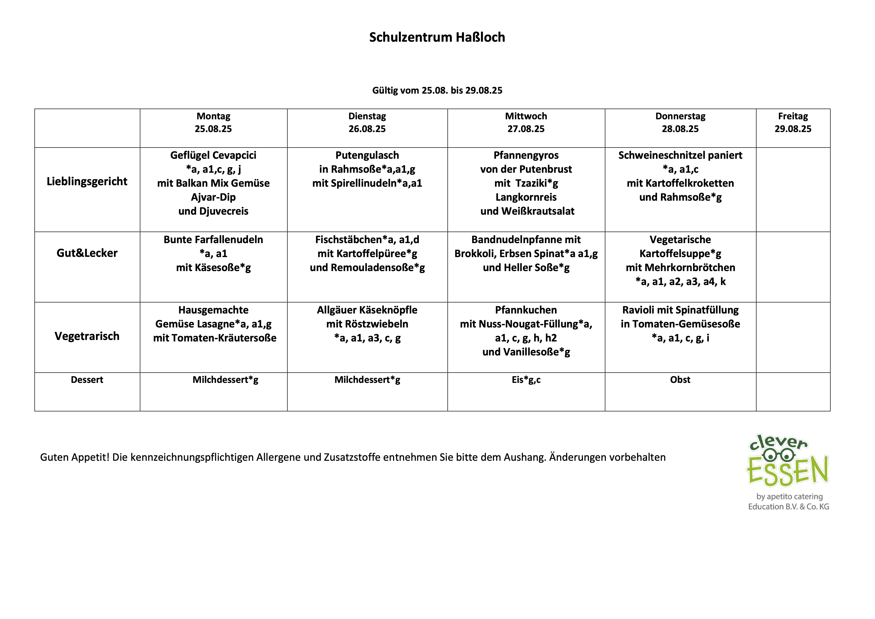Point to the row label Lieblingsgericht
pos(87,181)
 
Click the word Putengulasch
pos(367,155)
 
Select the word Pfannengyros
pos(526,155)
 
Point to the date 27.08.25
pos(526,129)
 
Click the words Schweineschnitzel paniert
pos(680,155)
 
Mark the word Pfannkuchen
pos(526,310)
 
